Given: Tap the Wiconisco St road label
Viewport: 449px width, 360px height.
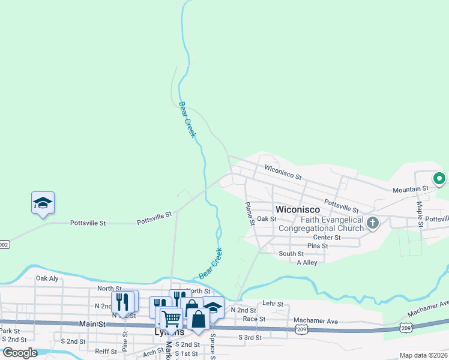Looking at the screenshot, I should click(x=282, y=173).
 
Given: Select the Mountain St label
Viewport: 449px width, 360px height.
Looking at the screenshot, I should click(x=411, y=188).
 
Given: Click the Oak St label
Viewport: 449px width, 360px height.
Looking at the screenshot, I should click(x=266, y=219).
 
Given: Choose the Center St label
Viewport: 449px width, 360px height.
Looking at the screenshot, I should click(x=327, y=238).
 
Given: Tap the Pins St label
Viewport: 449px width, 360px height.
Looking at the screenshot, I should click(x=318, y=246).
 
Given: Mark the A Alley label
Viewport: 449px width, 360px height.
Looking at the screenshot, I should click(x=307, y=262).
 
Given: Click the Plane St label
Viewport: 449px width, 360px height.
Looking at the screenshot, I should click(x=250, y=214).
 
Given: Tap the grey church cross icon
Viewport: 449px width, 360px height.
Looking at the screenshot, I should click(x=372, y=224).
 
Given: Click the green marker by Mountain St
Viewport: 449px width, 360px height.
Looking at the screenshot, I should click(x=439, y=178).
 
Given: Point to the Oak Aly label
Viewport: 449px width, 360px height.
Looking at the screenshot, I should click(x=47, y=278).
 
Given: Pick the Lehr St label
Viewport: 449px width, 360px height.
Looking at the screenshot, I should click(x=273, y=304).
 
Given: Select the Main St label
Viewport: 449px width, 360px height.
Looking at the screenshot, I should click(x=92, y=324).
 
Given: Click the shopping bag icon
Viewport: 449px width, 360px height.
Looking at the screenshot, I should click(x=197, y=319).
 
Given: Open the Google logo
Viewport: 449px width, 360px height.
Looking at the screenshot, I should click(x=20, y=353).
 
